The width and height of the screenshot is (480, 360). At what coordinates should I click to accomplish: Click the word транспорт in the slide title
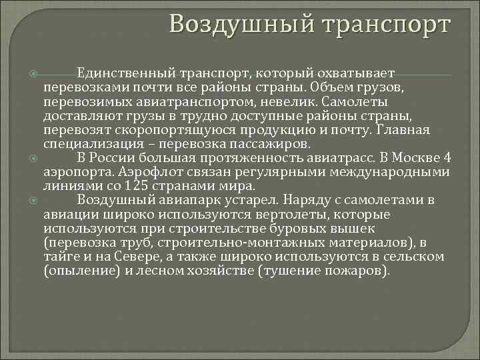pyautogui.click(x=386, y=24)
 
